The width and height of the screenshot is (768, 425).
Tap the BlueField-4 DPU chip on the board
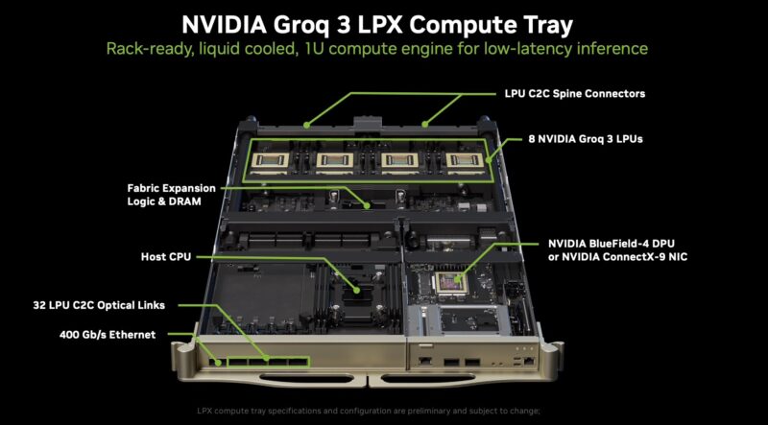click(x=450, y=281)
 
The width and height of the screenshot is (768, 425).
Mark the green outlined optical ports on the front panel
click(x=263, y=363)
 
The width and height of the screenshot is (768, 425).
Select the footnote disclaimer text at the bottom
click(x=383, y=411)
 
